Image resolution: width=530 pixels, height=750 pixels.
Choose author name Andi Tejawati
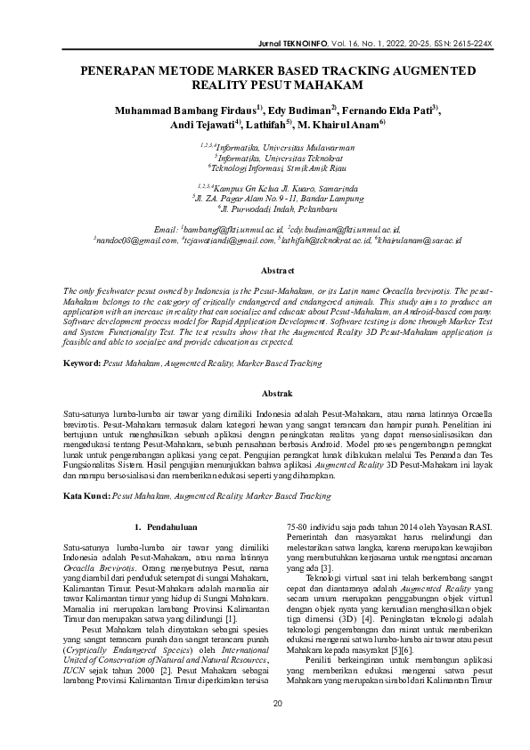[200, 125]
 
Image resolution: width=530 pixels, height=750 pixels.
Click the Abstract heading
[265, 269]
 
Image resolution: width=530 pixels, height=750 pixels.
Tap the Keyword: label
[86, 363]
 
